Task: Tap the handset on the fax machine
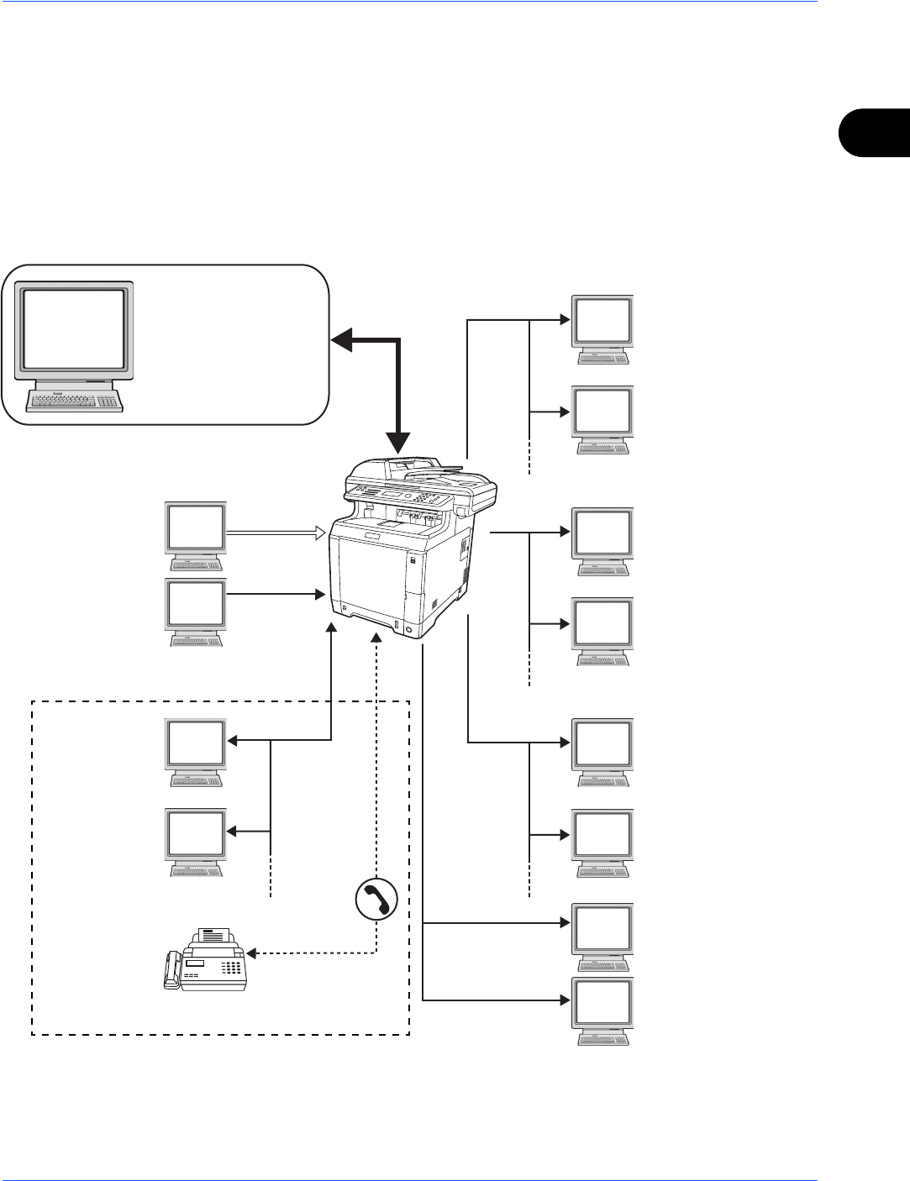pos(172,971)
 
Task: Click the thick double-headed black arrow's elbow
pos(399,340)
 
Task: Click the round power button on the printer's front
pos(408,630)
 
